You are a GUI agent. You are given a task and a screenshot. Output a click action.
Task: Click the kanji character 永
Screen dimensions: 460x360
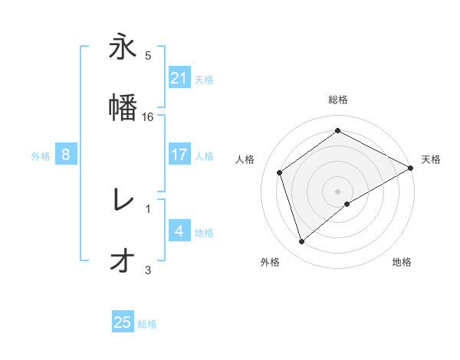[x=123, y=47]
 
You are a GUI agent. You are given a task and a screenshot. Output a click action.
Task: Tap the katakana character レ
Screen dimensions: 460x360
[x=123, y=201]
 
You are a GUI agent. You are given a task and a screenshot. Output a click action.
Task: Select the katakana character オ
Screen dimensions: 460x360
[x=123, y=260]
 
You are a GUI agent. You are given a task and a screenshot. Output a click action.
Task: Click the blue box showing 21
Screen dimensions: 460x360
[x=179, y=78]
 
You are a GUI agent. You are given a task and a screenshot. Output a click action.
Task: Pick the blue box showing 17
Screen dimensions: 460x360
[x=179, y=155]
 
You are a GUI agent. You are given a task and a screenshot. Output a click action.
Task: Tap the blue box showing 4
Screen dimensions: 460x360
[x=179, y=231]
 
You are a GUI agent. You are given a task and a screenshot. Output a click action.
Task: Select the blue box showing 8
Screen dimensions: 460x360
[x=66, y=155]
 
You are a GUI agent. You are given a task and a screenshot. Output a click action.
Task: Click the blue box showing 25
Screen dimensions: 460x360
[x=123, y=322]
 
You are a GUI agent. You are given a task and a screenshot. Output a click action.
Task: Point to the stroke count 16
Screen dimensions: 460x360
[x=149, y=116]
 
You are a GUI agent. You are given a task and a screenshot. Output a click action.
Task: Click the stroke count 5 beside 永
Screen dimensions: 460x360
[x=148, y=55]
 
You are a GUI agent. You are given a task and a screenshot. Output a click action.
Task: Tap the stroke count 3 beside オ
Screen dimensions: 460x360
[x=148, y=270]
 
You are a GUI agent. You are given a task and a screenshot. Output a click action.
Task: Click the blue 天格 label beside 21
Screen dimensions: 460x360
[x=204, y=79]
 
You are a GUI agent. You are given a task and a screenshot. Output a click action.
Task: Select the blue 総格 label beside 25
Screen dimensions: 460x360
[x=147, y=323]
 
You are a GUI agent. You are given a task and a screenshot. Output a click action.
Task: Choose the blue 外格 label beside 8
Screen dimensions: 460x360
[x=41, y=155]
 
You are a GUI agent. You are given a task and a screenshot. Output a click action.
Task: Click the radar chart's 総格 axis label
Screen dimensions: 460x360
[x=338, y=100]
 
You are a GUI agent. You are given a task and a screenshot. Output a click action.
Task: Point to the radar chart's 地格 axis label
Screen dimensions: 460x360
[x=402, y=262]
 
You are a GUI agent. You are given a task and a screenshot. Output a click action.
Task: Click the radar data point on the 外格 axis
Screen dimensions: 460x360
[x=301, y=242]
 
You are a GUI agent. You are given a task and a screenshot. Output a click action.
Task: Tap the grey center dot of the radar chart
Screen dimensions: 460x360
[x=338, y=191]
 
